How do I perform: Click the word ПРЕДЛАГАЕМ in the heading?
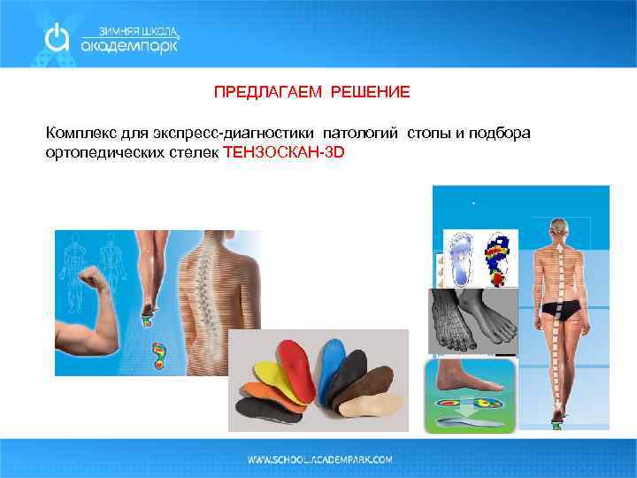tap(257, 92)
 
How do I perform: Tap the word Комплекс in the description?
tap(78, 133)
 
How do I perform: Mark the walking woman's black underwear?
tap(564, 310)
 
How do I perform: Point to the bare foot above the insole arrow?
tap(469, 376)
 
